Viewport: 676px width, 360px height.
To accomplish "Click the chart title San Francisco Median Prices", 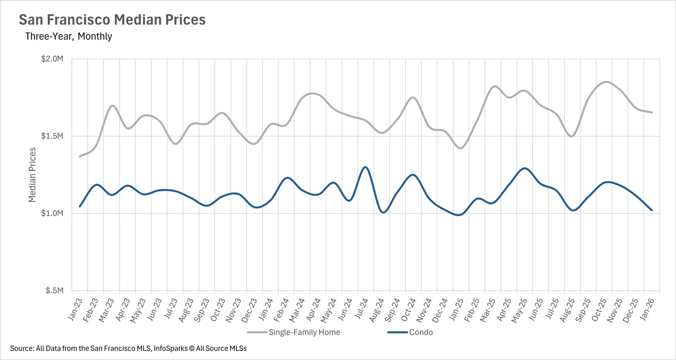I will click(x=112, y=20).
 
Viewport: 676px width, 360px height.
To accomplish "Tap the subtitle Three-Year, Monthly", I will click(x=69, y=36).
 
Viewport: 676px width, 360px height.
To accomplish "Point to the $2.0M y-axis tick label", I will click(x=52, y=59).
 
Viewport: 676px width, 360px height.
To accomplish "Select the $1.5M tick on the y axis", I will click(x=52, y=136).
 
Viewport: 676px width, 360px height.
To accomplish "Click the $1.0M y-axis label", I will click(x=52, y=213).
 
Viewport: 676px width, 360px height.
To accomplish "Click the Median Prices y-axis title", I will click(x=32, y=175).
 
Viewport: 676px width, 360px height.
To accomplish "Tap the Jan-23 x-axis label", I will click(x=75, y=309).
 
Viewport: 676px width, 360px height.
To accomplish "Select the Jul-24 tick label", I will click(x=361, y=309).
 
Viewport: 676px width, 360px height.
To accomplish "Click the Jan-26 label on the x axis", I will click(x=647, y=309).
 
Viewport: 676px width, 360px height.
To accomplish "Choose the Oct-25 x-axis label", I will click(x=599, y=310).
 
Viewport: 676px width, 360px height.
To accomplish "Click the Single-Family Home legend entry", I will click(x=304, y=332).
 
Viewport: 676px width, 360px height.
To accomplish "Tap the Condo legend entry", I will click(x=421, y=332).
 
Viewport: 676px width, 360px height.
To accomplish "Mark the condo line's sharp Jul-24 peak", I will click(x=365, y=167).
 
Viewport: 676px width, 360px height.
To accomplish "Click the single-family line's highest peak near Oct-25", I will click(x=606, y=82).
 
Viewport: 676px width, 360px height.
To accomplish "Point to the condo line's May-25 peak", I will click(x=525, y=168).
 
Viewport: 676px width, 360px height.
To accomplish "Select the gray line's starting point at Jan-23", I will click(x=80, y=157).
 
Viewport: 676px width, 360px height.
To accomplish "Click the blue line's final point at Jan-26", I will click(x=652, y=210).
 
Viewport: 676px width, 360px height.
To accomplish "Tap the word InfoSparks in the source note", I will click(x=171, y=348).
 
